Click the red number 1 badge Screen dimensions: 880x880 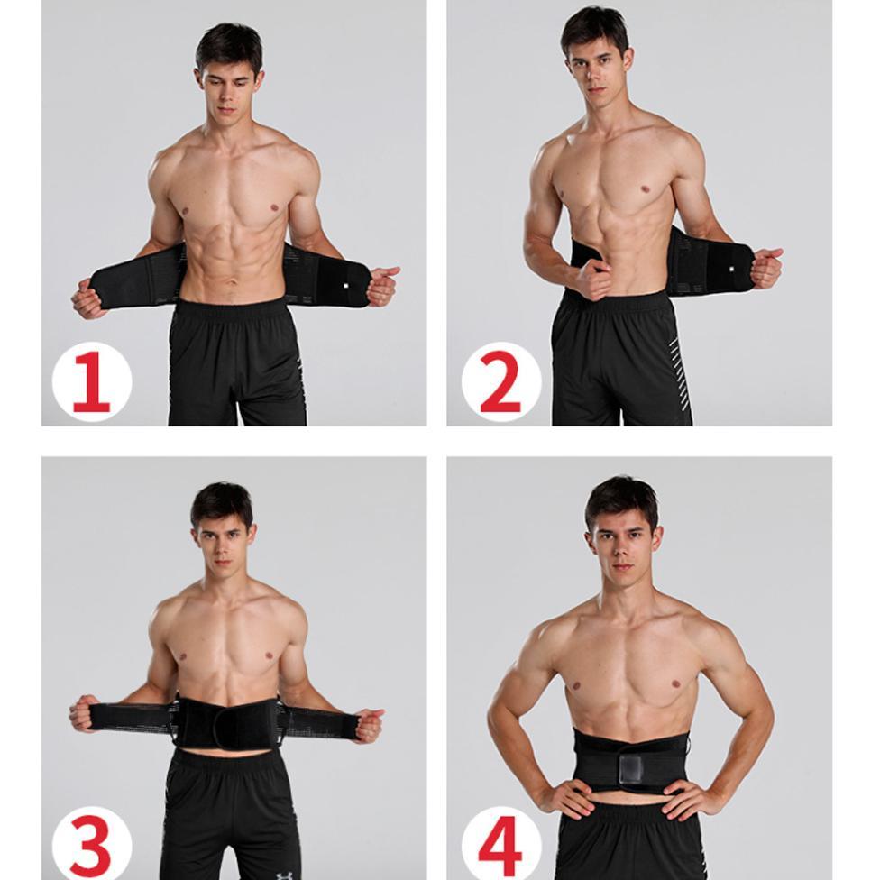click(x=91, y=381)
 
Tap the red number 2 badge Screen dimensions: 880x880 click(x=501, y=381)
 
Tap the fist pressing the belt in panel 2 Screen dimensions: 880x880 click(x=592, y=280)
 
